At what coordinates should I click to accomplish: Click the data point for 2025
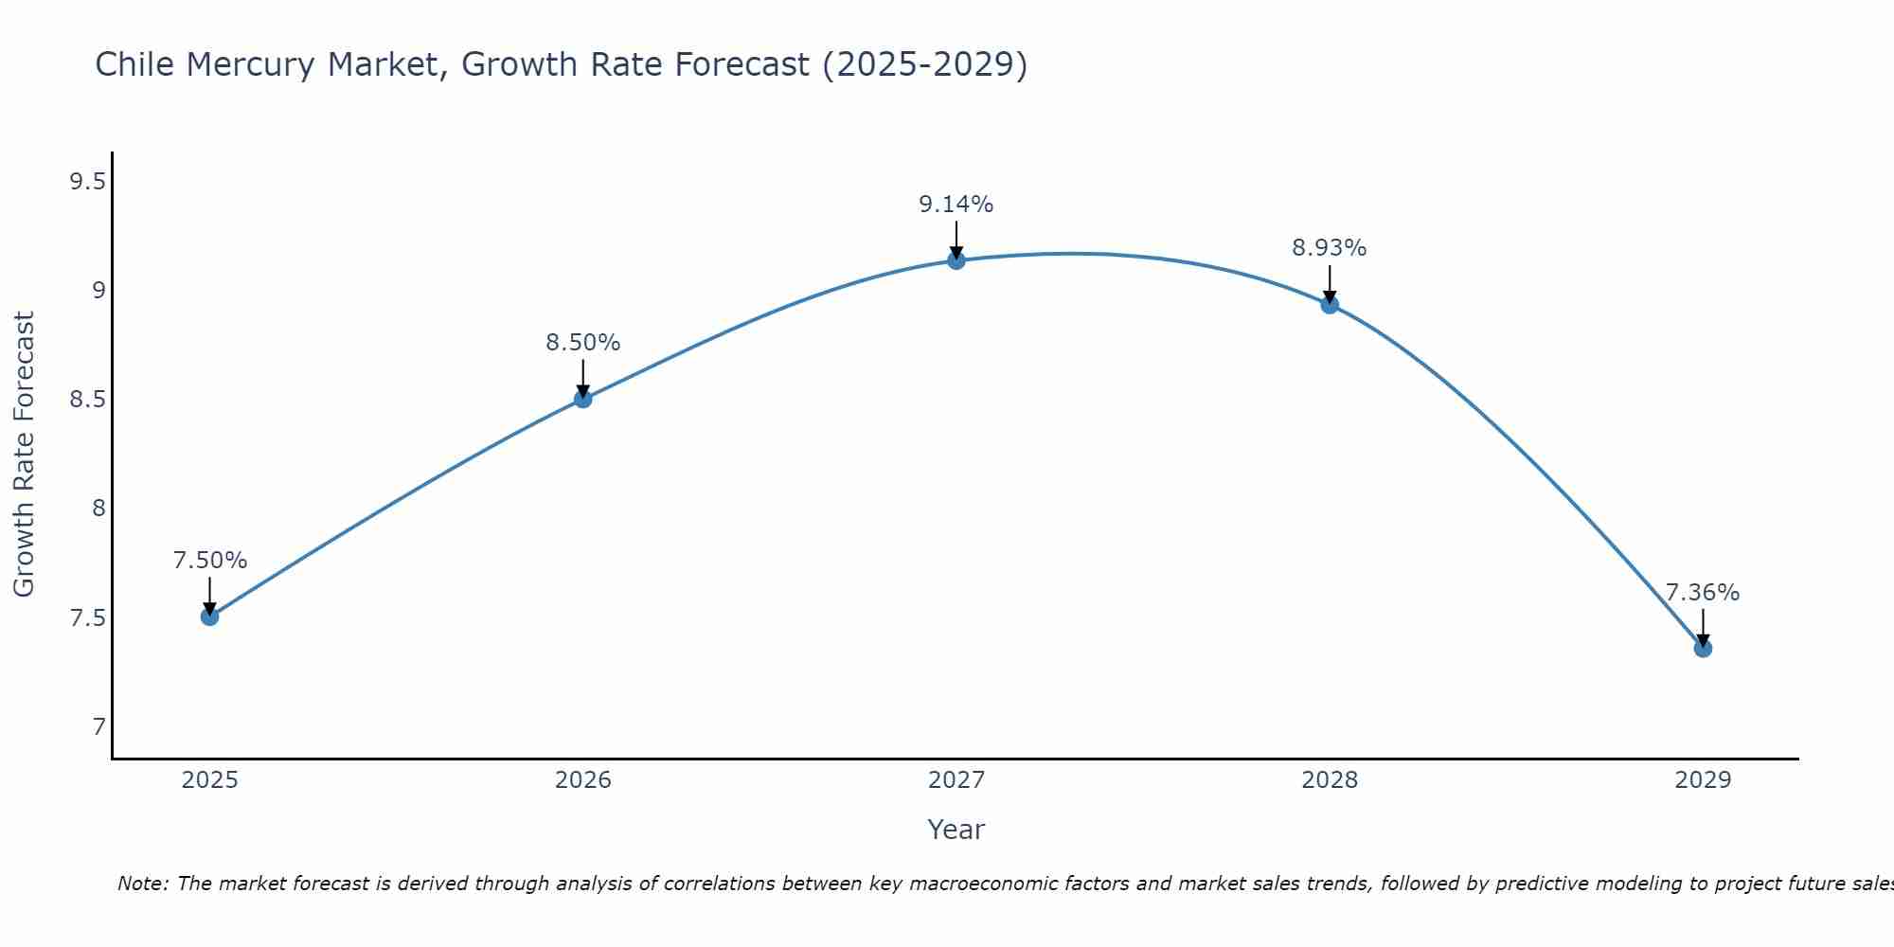click(209, 616)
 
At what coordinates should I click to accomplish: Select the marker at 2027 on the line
click(956, 260)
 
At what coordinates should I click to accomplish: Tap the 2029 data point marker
click(1703, 649)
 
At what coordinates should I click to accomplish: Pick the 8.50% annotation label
click(582, 343)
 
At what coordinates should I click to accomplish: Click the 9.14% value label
click(956, 205)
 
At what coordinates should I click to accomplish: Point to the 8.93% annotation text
click(1329, 248)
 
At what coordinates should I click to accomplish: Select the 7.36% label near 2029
click(1702, 593)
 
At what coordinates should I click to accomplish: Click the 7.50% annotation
click(209, 561)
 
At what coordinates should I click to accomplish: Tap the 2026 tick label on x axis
click(582, 780)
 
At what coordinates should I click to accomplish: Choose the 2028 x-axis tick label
click(1329, 780)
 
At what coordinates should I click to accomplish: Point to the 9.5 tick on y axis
click(87, 181)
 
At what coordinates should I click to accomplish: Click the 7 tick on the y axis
click(98, 727)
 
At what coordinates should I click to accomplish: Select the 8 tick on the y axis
click(98, 509)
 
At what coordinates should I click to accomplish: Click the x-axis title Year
click(956, 830)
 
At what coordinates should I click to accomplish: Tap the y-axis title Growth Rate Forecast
click(24, 454)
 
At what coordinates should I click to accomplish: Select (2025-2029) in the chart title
click(924, 64)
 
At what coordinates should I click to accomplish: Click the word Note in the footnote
click(142, 884)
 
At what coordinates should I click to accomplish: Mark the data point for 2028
click(1330, 305)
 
